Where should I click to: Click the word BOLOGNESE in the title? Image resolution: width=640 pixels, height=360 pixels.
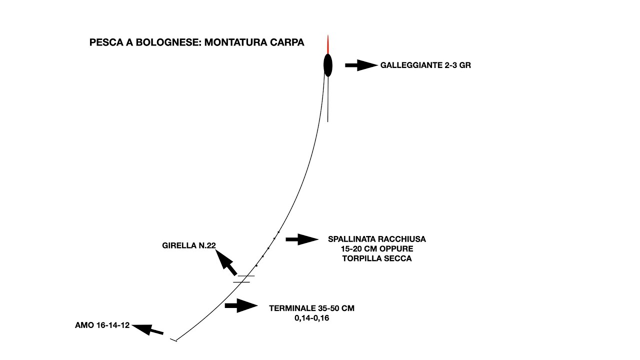pyautogui.click(x=168, y=42)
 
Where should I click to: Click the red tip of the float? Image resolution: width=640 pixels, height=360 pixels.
pyautogui.click(x=328, y=44)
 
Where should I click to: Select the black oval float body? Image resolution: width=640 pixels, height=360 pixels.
pyautogui.click(x=328, y=65)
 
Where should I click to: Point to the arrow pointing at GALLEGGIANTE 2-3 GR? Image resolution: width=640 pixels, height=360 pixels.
pyautogui.click(x=361, y=65)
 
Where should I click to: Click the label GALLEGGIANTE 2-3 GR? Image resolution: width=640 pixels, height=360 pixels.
pyautogui.click(x=425, y=65)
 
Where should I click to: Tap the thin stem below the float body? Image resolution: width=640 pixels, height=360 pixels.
pyautogui.click(x=327, y=99)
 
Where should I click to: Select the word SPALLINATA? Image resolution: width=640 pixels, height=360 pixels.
pyautogui.click(x=352, y=239)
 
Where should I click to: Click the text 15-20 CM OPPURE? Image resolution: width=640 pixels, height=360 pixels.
pyautogui.click(x=377, y=249)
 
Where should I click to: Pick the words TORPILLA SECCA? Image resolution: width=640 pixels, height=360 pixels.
pyautogui.click(x=377, y=258)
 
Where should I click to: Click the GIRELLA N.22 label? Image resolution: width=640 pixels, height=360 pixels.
pyautogui.click(x=189, y=245)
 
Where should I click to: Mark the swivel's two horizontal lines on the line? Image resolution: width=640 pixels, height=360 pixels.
pyautogui.click(x=243, y=279)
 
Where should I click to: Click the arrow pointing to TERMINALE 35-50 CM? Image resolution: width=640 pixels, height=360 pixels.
pyautogui.click(x=241, y=305)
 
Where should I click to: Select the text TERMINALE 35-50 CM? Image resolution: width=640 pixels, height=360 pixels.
pyautogui.click(x=311, y=308)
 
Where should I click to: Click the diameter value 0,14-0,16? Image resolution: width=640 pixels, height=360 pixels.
pyautogui.click(x=311, y=318)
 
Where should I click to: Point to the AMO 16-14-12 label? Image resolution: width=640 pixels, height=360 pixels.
pyautogui.click(x=102, y=325)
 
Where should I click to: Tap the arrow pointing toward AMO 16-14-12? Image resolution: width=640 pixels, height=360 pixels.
pyautogui.click(x=147, y=329)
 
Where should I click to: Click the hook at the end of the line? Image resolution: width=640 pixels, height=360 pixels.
pyautogui.click(x=173, y=340)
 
